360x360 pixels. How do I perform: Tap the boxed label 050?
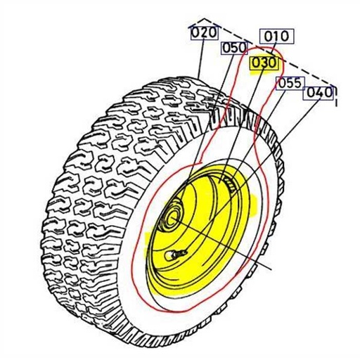[x=235, y=48]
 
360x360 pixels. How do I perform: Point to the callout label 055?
[x=289, y=83]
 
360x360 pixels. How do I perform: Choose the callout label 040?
[x=319, y=91]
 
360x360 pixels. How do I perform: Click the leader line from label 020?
[x=202, y=60]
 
